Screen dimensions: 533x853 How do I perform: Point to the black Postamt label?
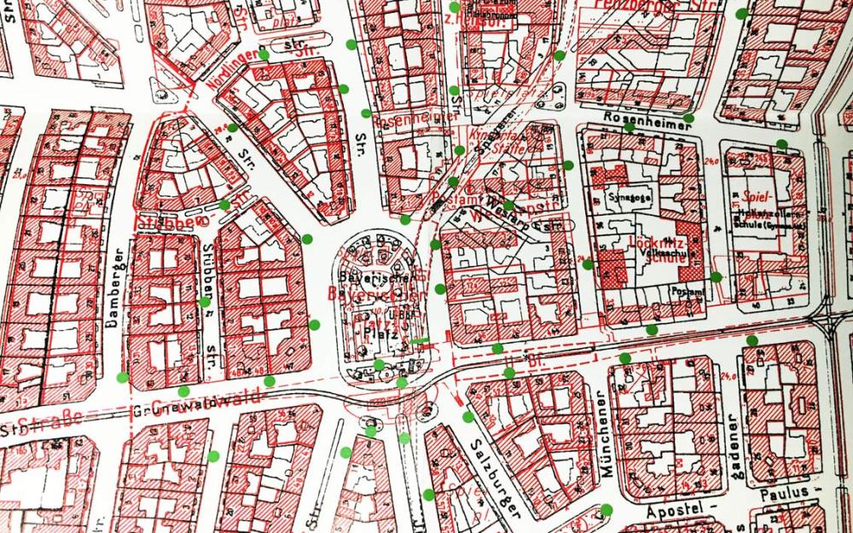click(689, 292)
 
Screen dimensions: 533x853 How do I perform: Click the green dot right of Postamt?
click(716, 277)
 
